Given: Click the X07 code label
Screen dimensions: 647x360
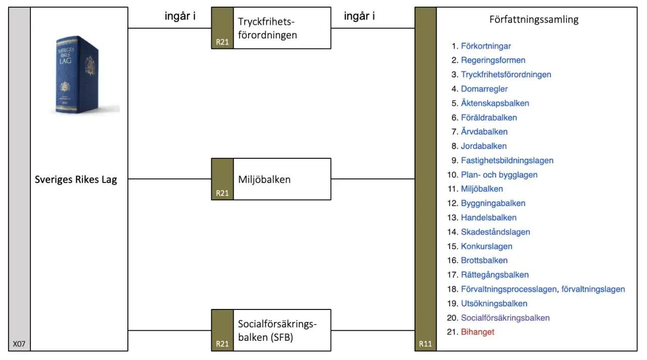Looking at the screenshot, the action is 19,344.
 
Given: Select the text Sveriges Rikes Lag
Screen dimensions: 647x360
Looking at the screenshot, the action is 76,179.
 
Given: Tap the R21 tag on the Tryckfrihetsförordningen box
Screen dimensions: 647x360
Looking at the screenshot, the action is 222,42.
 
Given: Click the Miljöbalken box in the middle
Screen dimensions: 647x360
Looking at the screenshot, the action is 271,179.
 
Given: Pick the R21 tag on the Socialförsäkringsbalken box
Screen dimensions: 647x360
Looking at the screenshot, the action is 222,344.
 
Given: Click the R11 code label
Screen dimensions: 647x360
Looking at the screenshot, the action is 426,344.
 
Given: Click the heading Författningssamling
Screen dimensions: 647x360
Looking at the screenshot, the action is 534,20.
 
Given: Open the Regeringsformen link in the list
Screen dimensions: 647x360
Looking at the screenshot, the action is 493,60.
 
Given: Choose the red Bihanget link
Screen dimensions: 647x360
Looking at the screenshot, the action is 478,332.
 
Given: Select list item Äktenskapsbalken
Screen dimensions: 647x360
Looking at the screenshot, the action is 495,103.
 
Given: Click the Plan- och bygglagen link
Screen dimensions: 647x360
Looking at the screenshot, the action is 499,175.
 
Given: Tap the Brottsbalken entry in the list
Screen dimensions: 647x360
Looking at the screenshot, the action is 484,260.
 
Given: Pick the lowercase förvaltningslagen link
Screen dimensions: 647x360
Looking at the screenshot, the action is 593,289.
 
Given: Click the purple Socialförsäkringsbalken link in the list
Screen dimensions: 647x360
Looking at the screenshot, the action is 505,318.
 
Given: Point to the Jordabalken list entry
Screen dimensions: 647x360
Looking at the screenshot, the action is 484,146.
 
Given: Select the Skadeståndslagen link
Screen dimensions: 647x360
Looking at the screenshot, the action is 495,232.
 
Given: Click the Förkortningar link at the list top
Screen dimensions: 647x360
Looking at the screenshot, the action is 486,46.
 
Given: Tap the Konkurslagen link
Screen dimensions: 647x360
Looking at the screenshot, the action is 487,246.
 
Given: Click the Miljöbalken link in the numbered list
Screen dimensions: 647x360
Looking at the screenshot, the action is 482,189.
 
